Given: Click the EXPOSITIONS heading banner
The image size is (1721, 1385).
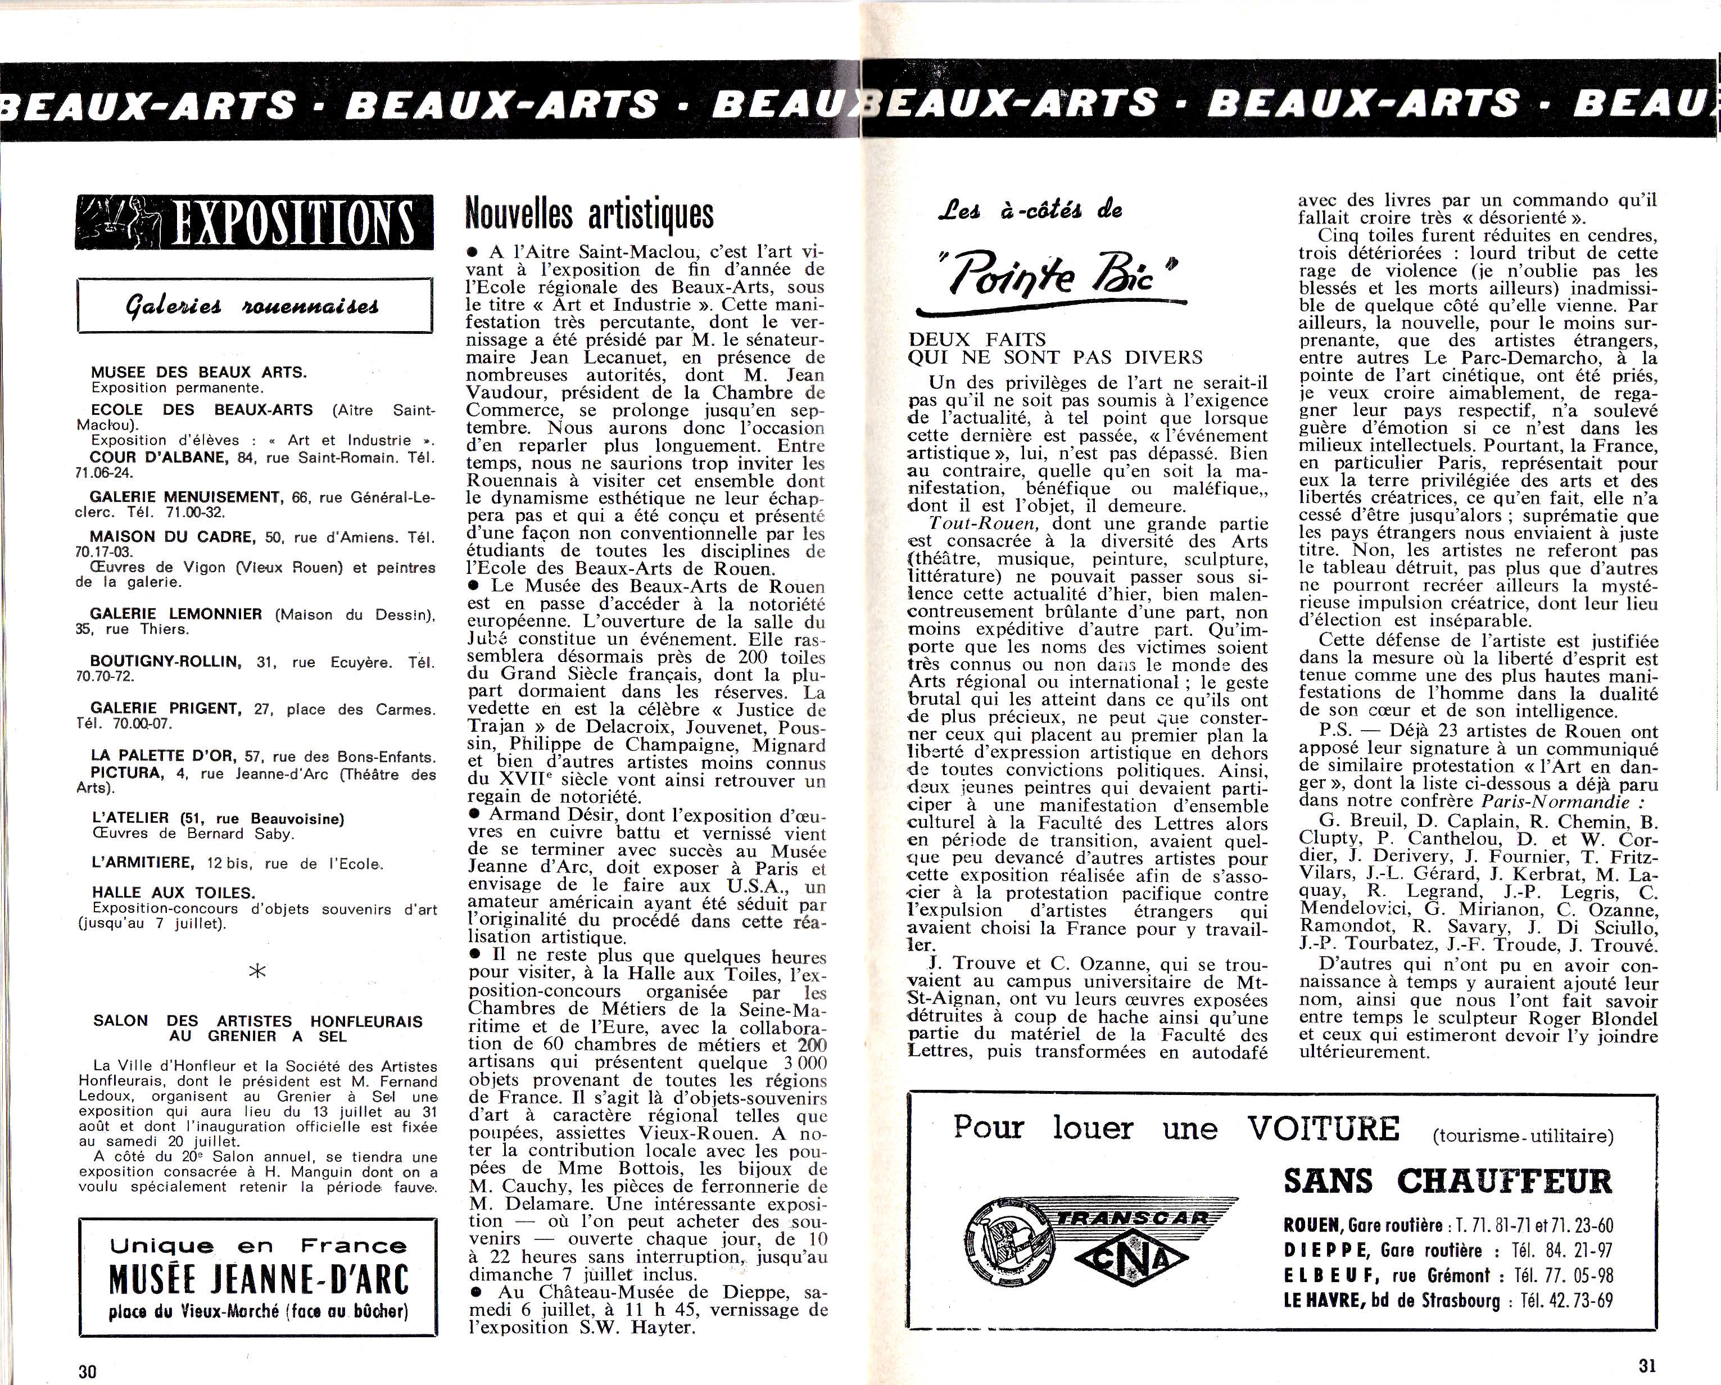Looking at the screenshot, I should pos(255,222).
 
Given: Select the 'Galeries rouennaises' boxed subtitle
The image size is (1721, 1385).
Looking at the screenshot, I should pos(255,305).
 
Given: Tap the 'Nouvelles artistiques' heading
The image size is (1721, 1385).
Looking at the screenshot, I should pos(589,214).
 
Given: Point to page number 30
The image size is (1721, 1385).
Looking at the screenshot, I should pos(87,1370).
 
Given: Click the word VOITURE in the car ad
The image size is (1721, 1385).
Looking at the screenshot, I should pos(1324,1129).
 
